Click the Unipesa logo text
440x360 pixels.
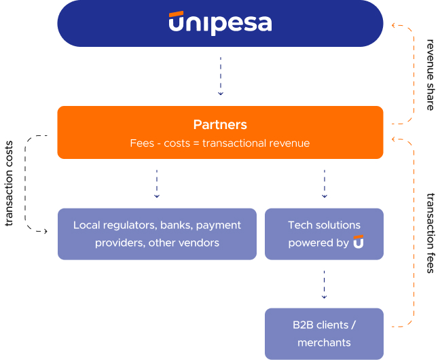220,24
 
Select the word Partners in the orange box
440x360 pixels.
220,125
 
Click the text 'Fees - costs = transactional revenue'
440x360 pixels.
220,143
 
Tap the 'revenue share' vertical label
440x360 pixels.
430,74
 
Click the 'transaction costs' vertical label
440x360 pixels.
10,183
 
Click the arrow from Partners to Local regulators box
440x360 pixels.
157,183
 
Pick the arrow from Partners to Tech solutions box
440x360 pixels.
324,183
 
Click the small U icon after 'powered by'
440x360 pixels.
359,242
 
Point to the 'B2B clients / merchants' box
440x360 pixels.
324,334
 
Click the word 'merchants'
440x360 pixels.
324,342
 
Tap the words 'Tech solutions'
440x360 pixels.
324,225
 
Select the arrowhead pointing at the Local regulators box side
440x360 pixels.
46,232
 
